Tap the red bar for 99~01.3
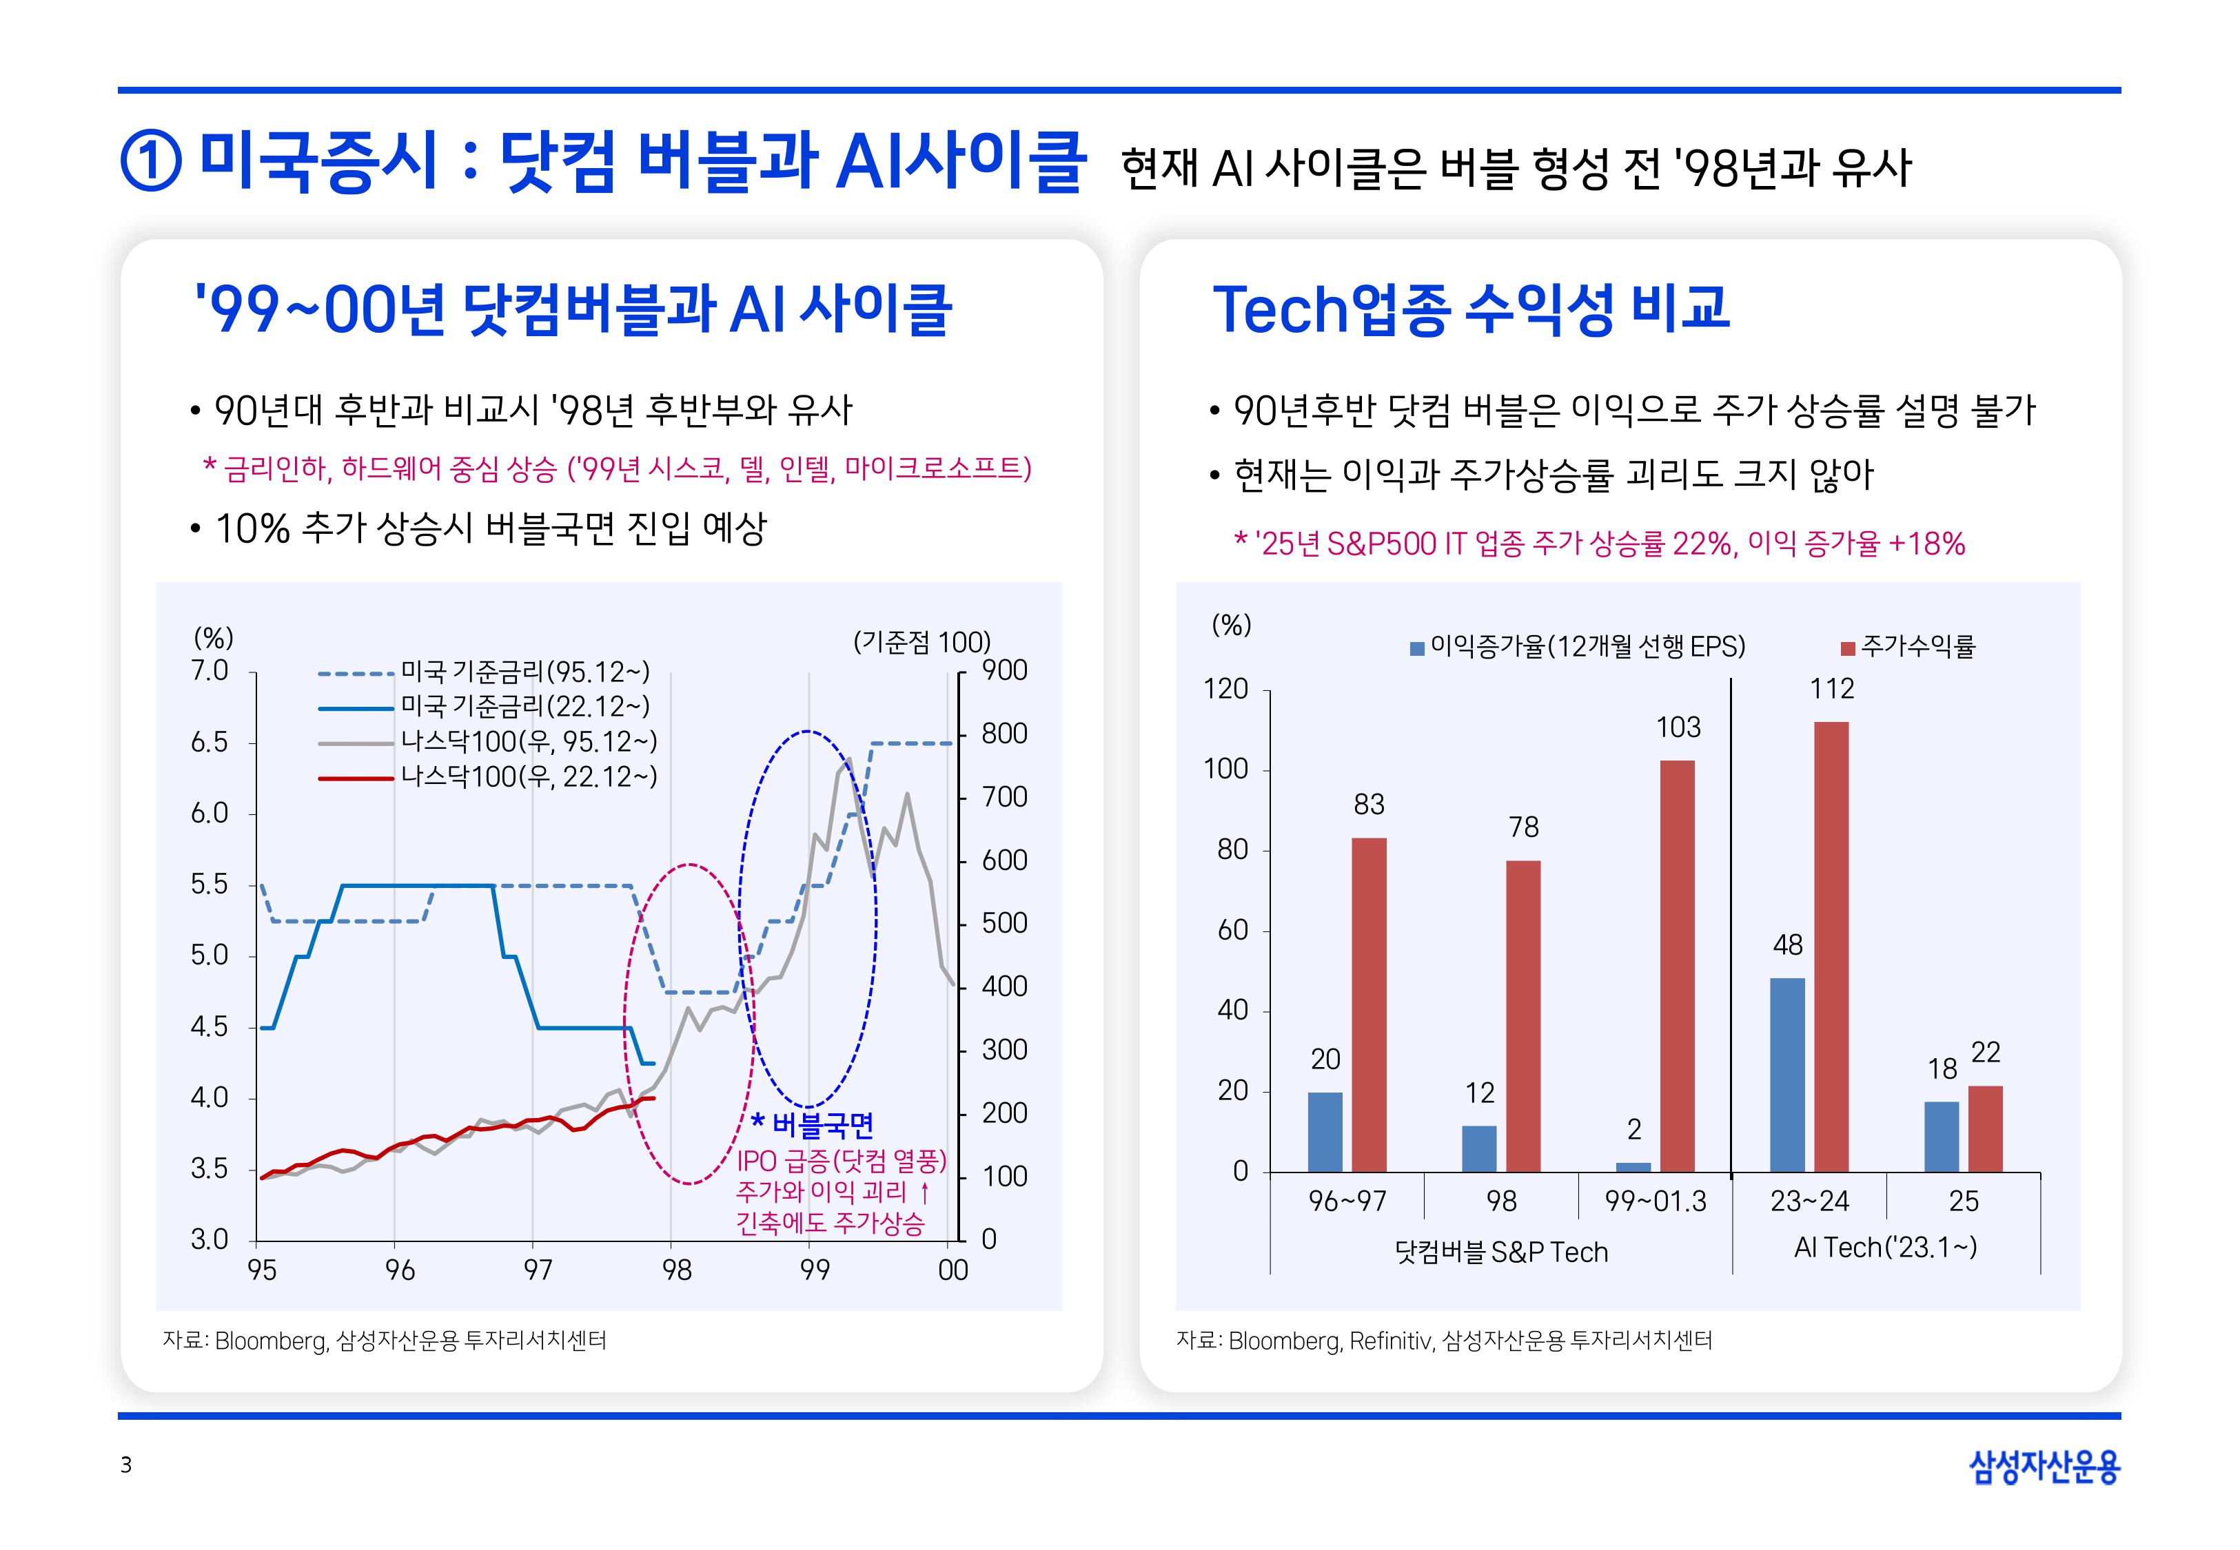pyautogui.click(x=1677, y=967)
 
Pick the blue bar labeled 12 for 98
pyautogui.click(x=1478, y=1149)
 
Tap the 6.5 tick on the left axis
pyautogui.click(x=209, y=743)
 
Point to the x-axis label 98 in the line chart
pyautogui.click(x=676, y=1270)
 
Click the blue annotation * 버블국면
pyautogui.click(x=813, y=1125)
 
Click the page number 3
pyautogui.click(x=125, y=1465)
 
